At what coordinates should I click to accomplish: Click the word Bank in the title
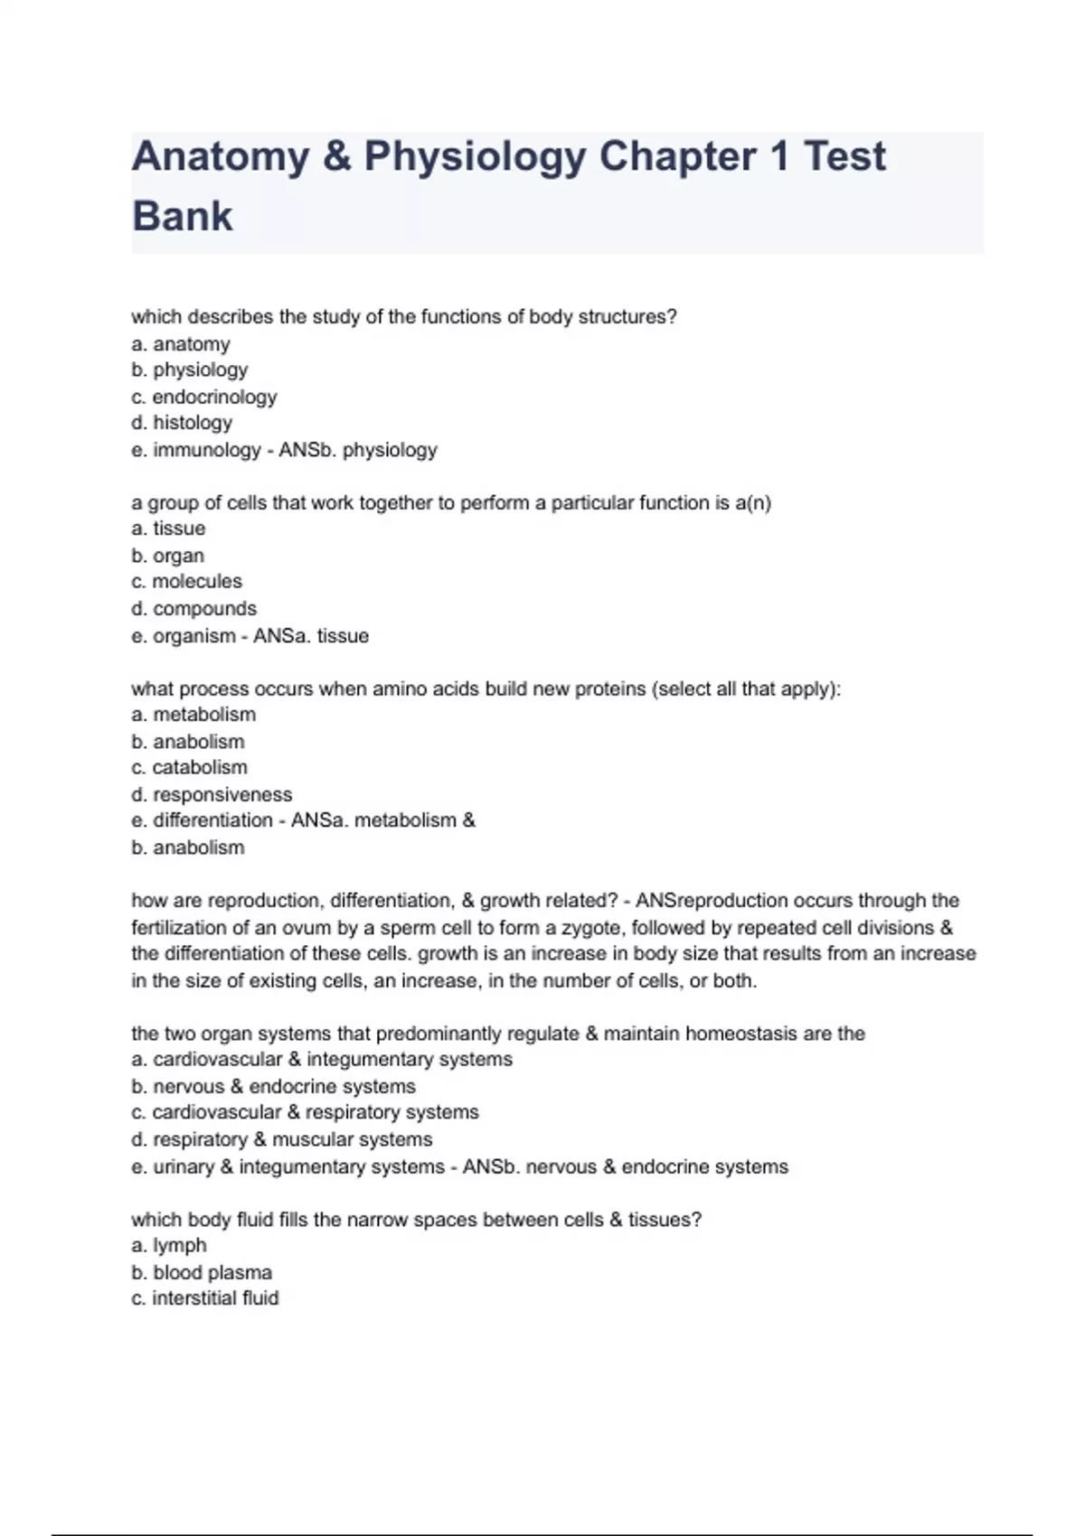183,216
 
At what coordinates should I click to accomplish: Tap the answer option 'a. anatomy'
181,344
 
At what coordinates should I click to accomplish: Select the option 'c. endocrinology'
204,397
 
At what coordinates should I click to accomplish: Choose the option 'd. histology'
182,423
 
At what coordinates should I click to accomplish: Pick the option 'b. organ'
168,556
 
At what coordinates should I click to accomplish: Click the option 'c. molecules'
187,581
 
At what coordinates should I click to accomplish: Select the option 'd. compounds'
194,609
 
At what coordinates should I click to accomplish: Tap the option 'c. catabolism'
189,767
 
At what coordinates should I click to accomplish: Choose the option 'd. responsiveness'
212,795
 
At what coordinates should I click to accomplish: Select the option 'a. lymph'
169,1245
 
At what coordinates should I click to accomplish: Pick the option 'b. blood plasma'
202,1272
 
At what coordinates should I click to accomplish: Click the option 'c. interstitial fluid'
205,1298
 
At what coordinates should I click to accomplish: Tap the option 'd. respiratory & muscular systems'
282,1139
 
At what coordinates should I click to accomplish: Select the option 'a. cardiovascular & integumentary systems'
322,1059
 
